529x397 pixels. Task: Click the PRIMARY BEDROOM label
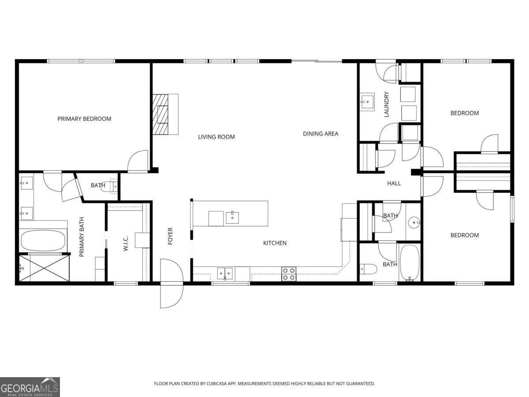[84, 119]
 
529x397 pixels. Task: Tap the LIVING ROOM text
[216, 137]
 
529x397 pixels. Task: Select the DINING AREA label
[320, 134]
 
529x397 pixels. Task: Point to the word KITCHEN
[275, 243]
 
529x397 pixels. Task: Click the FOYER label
[171, 236]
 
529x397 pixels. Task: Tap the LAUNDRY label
[387, 104]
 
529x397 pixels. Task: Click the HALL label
[394, 183]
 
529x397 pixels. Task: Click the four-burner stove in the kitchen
[289, 274]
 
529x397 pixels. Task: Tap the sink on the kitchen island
[232, 218]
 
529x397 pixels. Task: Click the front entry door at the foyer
[171, 283]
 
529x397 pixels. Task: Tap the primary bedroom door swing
[138, 161]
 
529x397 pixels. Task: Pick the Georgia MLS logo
[30, 387]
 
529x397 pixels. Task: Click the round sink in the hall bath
[413, 221]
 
